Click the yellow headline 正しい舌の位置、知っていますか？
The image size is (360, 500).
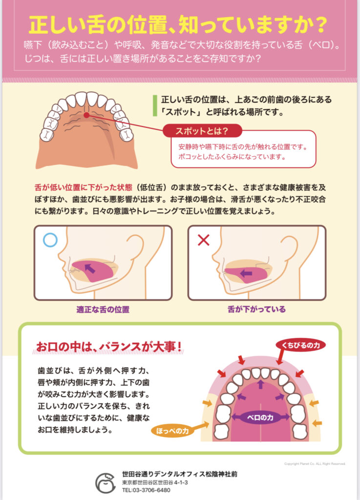pyautogui.click(x=178, y=24)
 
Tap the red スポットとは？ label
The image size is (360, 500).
pyautogui.click(x=202, y=131)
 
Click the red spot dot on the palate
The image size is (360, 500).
pyautogui.click(x=86, y=115)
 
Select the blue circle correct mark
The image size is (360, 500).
pyautogui.click(x=50, y=240)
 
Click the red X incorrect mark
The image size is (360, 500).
pyautogui.click(x=203, y=240)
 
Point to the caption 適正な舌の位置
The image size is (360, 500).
pyautogui.click(x=103, y=309)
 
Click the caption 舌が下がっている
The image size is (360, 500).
pyautogui.click(x=256, y=309)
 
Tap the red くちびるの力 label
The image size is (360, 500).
pyautogui.click(x=301, y=345)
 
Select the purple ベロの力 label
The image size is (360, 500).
pyautogui.click(x=260, y=417)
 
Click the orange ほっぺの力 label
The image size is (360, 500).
pyautogui.click(x=172, y=431)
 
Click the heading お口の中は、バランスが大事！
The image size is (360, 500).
pyautogui.click(x=109, y=347)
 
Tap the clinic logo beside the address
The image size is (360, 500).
pyautogui.click(x=106, y=482)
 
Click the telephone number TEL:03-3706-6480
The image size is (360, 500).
pyautogui.click(x=146, y=490)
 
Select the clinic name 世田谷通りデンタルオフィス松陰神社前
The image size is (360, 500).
pyautogui.click(x=180, y=474)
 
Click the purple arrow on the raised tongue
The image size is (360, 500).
pyautogui.click(x=90, y=268)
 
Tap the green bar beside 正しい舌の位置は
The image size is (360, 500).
pyautogui.click(x=155, y=105)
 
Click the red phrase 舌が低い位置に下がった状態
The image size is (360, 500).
pyautogui.click(x=83, y=187)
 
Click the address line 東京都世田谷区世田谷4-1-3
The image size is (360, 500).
pyautogui.click(x=155, y=482)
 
